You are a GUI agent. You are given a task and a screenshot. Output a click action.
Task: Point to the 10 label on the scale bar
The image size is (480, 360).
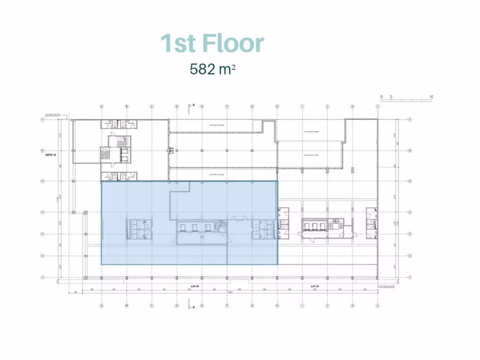coord(431,97)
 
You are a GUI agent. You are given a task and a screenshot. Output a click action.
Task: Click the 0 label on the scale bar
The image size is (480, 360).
coord(382,97)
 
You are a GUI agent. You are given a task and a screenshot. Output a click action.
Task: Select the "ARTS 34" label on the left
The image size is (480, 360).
coord(51,151)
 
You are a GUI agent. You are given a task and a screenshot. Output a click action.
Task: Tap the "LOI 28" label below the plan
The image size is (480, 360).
coord(315,286)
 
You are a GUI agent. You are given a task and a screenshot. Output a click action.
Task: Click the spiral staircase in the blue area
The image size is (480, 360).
coord(220,226)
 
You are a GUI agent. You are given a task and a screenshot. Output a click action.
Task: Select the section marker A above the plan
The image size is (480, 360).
coord(193,105)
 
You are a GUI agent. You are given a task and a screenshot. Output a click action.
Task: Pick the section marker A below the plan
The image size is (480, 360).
coord(193,307)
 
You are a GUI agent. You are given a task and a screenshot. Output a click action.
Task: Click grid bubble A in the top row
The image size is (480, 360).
coord(101,106)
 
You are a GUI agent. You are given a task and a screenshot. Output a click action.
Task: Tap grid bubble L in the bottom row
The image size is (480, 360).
coord(378,306)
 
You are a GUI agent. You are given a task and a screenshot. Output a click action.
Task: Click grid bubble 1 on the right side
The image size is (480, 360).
coord(410,277)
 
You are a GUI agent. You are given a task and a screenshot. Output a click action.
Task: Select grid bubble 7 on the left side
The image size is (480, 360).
coord(43,120)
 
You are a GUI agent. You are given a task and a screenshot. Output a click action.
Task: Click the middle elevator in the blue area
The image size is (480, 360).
coord(195,227)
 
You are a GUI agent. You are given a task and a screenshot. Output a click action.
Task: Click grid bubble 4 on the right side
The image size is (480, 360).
coord(410,212)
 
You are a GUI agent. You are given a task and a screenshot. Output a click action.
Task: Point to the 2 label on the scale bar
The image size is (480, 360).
coord(391,97)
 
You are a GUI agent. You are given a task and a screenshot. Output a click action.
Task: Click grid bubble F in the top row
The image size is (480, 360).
coord(227,106)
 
